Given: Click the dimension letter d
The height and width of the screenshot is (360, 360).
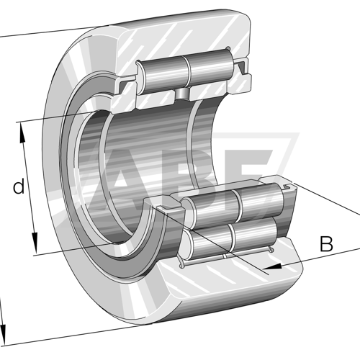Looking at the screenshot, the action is pos(19,186).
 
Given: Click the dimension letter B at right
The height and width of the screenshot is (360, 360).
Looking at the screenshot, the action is pos(326,243).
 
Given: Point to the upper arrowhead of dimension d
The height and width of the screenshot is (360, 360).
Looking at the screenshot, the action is pos(22,132).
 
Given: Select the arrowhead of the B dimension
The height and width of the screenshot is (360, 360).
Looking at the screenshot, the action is pos(273,266).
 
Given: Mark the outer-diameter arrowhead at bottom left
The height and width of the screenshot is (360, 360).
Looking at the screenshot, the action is pos(2,333).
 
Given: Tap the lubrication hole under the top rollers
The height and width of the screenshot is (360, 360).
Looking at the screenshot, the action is pos(182,94).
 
